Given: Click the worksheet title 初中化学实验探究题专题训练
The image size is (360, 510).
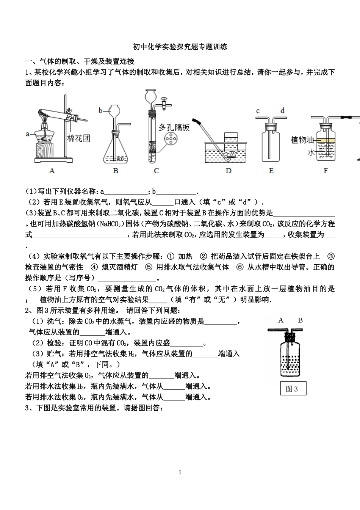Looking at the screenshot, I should coord(180,47).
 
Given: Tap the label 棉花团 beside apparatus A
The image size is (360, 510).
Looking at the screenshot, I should coord(79,138).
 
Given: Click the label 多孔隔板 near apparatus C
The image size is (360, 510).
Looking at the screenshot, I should coord(174,127).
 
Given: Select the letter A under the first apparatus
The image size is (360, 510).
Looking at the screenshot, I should coord(52,171).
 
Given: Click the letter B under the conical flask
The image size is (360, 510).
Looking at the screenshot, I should coord(116,171).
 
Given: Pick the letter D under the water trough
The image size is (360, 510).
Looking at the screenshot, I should coord(228,171).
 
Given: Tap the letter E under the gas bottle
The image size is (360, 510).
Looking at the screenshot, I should coord(271,171).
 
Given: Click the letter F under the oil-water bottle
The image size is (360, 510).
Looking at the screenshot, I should coord(326,171).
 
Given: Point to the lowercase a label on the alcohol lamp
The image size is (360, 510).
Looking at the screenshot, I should coord(27,134).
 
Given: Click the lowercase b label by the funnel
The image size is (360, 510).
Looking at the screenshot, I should coord(100,111).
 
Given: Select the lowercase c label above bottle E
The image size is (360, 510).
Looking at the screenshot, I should coord(258,111).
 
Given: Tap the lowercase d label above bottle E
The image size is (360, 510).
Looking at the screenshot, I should coord(282,111).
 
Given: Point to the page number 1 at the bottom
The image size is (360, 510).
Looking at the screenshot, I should coord(180,472).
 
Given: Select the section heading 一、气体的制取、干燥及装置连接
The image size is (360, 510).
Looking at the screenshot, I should coord(80,61).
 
